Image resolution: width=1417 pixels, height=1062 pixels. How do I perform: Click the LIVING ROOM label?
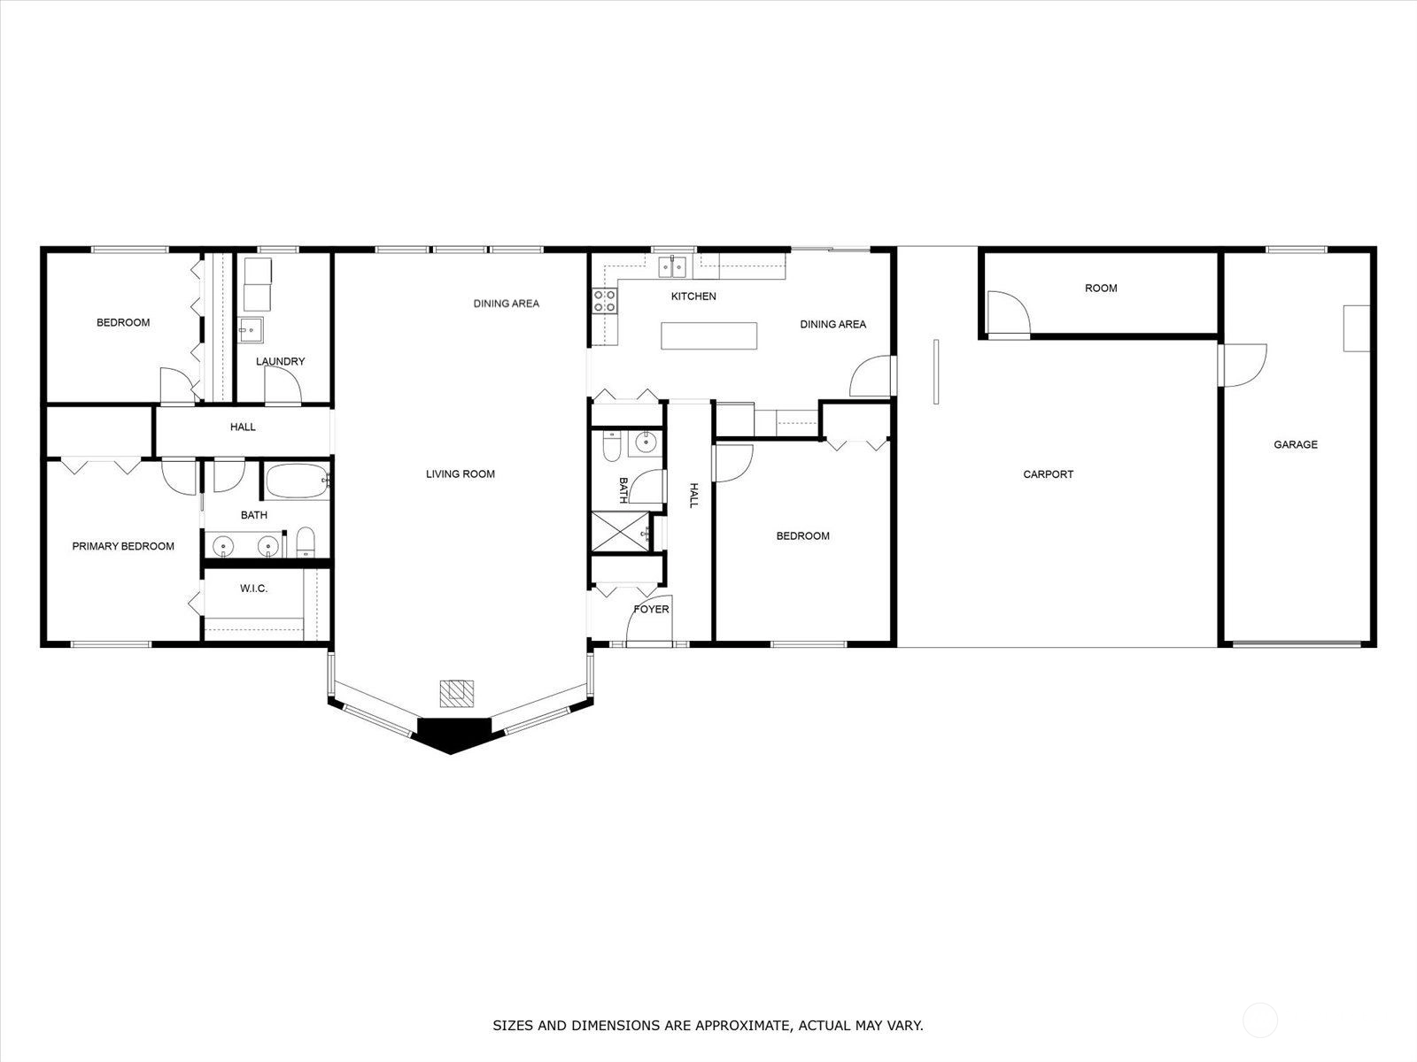pyautogui.click(x=461, y=474)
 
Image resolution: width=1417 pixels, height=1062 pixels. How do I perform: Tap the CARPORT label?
pyautogui.click(x=1048, y=474)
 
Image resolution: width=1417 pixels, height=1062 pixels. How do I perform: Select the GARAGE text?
pyautogui.click(x=1295, y=444)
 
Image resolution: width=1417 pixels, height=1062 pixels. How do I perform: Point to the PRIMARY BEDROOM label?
pyautogui.click(x=122, y=546)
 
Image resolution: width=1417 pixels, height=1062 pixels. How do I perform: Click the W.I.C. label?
pyautogui.click(x=253, y=588)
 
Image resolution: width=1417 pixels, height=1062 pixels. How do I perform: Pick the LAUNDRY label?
pyautogui.click(x=280, y=361)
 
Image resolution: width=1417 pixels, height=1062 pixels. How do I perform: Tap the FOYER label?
pyautogui.click(x=651, y=610)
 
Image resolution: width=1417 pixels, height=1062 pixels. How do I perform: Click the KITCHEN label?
pyautogui.click(x=693, y=296)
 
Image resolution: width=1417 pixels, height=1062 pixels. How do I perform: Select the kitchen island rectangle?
pyautogui.click(x=708, y=336)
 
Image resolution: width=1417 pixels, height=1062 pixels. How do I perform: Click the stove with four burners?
pyautogui.click(x=604, y=301)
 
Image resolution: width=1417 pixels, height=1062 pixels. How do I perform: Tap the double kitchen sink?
pyautogui.click(x=672, y=266)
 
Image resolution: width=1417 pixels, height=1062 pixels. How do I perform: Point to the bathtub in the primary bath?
pyautogui.click(x=298, y=481)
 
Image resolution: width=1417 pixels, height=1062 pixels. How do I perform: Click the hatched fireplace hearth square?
pyautogui.click(x=456, y=693)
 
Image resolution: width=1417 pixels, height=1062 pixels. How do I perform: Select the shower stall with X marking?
pyautogui.click(x=621, y=532)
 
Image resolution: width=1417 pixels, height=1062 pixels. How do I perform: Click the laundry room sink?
pyautogui.click(x=251, y=330)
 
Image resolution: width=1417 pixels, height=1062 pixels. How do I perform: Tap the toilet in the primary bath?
pyautogui.click(x=306, y=542)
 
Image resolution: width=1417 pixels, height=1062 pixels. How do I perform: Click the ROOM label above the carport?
pyautogui.click(x=1101, y=289)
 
